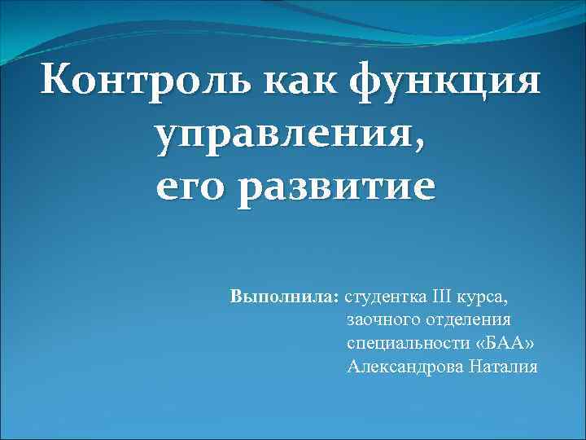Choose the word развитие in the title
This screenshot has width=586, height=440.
[335, 190]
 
